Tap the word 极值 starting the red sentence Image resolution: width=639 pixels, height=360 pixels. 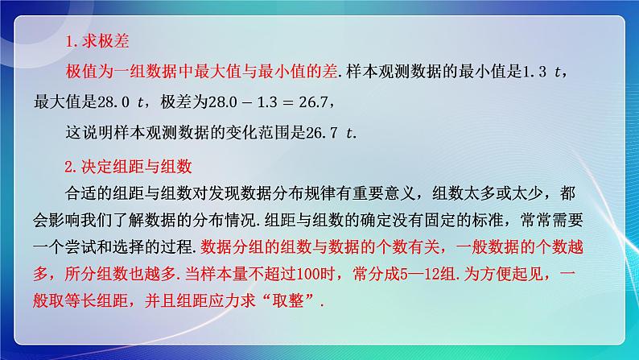point(80,73)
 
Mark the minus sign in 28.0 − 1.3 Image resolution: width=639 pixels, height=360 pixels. point(263,102)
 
